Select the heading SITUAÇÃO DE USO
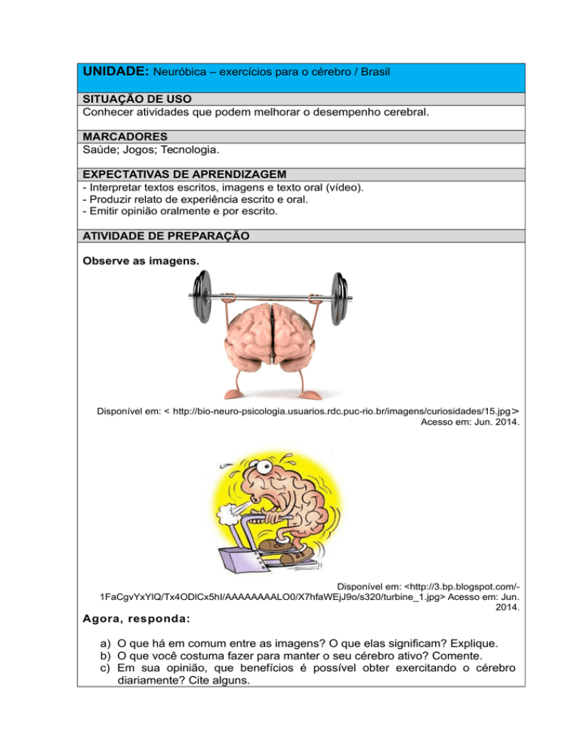(x=137, y=99)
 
